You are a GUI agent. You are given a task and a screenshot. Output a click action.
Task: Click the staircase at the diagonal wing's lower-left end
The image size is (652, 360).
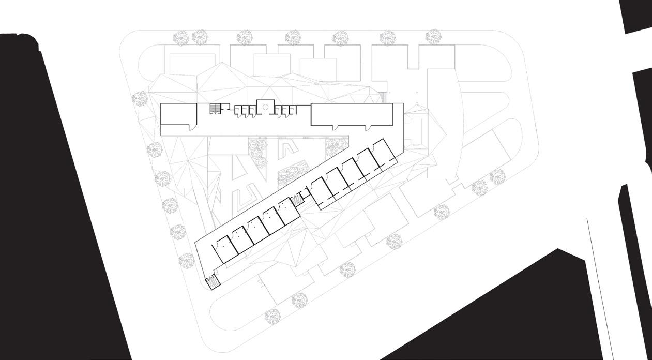click(x=212, y=283)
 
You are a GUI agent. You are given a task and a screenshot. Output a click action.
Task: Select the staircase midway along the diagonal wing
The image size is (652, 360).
click(x=298, y=200)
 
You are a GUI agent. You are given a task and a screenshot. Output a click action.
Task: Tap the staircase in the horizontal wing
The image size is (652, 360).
click(x=215, y=109)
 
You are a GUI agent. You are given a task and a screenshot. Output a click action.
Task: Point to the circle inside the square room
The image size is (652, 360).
click(x=265, y=107)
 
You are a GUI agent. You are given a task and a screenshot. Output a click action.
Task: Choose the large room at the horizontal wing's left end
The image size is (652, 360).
click(x=178, y=114)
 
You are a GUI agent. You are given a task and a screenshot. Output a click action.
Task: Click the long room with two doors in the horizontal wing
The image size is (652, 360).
click(x=351, y=114)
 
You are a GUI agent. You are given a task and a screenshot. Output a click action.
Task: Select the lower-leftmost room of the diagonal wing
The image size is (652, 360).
click(x=224, y=249)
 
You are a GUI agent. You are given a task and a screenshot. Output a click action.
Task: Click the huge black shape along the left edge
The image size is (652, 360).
click(x=57, y=197)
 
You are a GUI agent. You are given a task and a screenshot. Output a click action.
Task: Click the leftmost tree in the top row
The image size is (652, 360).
click(x=181, y=37)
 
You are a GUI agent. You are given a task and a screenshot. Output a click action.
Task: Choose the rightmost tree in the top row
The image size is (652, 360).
click(x=433, y=37)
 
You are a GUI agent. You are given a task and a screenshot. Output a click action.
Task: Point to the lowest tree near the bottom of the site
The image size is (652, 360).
click(x=271, y=316)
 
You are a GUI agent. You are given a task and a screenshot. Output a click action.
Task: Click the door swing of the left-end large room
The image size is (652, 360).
click(x=193, y=126)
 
